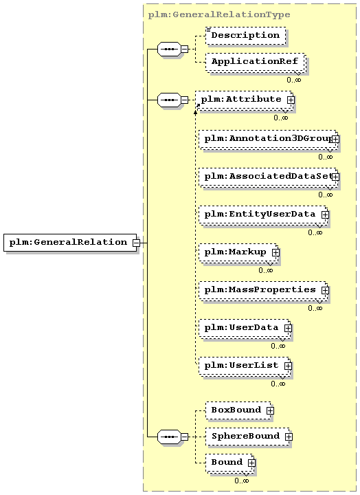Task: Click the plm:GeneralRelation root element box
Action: tap(70, 243)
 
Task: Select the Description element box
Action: tap(245, 35)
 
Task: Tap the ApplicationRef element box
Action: tap(255, 62)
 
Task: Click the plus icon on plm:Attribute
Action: tap(291, 100)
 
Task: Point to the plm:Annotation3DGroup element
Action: tap(268, 139)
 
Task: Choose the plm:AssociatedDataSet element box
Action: tap(268, 177)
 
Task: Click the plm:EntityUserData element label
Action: tap(260, 214)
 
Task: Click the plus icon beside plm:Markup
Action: tap(275, 252)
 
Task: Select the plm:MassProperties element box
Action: tap(263, 290)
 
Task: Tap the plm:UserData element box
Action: tap(245, 329)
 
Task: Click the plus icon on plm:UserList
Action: tap(288, 366)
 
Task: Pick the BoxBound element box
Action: tap(238, 410)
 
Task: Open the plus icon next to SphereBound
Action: tap(289, 437)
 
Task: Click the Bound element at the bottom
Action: tap(229, 464)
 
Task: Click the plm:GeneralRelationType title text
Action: tap(219, 15)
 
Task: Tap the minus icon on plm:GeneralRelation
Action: tap(136, 243)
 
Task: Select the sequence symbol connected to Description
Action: tap(169, 49)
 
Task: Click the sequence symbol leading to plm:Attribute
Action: tap(169, 100)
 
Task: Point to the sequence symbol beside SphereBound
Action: tap(169, 437)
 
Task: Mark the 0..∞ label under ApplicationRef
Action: tap(294, 80)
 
